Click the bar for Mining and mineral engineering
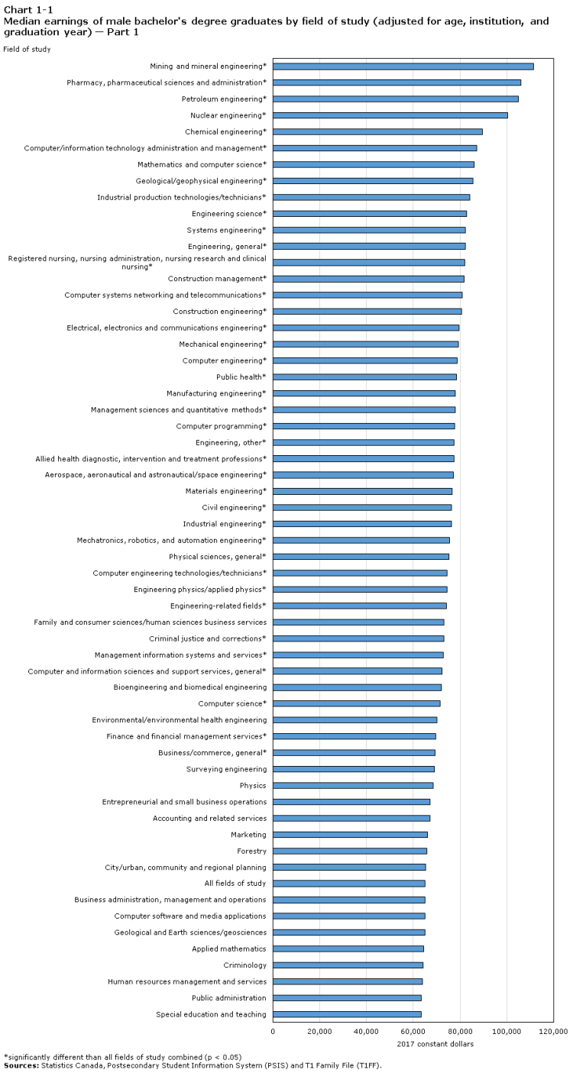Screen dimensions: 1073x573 (x=403, y=66)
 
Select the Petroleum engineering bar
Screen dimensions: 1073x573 (x=395, y=99)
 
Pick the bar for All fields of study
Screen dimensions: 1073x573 (x=348, y=884)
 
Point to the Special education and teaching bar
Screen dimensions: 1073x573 (x=347, y=1014)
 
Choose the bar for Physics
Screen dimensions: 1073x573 (x=352, y=785)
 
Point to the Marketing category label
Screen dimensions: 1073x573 (x=248, y=835)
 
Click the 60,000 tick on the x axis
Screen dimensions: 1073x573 (x=413, y=1031)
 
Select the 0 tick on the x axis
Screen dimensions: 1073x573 (x=273, y=1031)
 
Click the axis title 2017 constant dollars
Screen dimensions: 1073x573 (x=435, y=1044)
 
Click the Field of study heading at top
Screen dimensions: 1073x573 (x=27, y=50)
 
